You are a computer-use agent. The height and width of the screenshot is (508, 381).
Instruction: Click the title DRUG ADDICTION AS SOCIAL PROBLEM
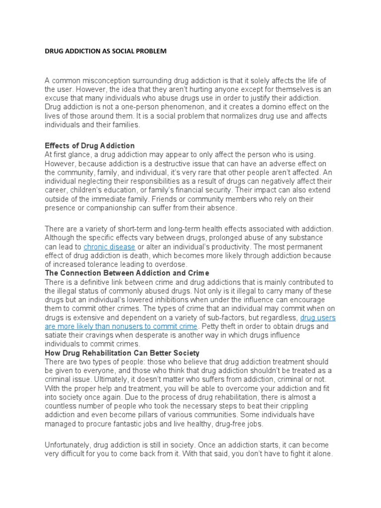coord(106,51)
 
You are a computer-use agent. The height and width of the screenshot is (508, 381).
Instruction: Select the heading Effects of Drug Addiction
coord(90,146)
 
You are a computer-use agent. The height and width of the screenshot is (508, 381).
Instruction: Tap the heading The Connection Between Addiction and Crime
coord(127,273)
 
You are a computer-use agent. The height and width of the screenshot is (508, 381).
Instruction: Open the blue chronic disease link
coord(109,247)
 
